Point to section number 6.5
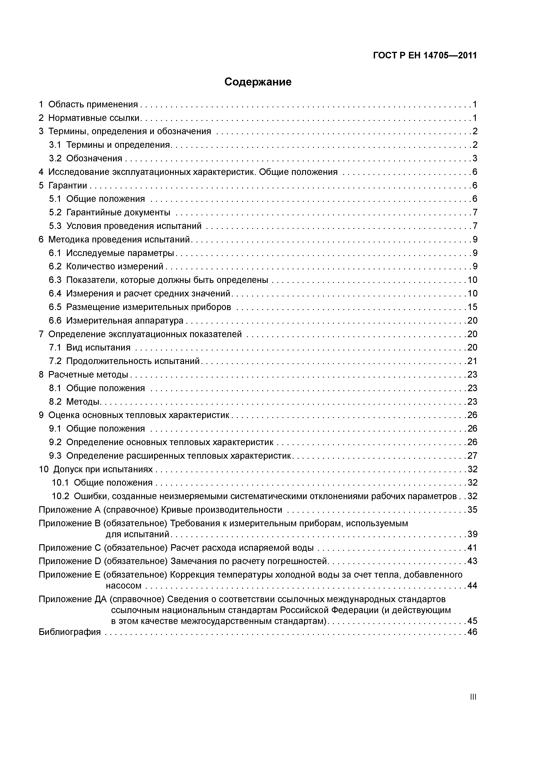click(55, 307)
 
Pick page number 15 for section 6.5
click(472, 307)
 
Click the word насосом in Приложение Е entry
click(123, 585)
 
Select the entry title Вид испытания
click(98, 347)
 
